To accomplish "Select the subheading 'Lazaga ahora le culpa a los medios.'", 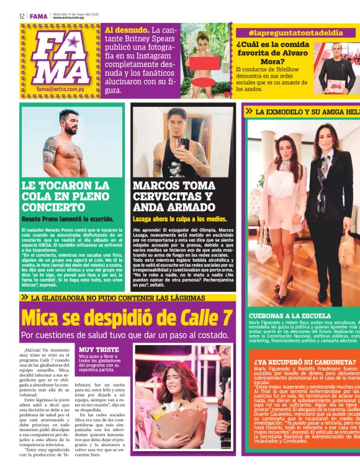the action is pos(179,219).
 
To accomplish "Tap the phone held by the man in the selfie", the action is pos(182,143).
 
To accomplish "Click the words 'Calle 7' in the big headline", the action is pos(204,318).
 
